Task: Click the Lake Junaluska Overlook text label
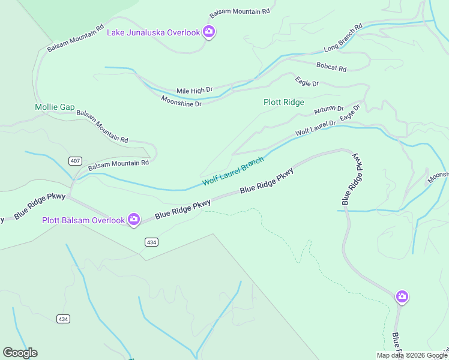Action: [153, 32]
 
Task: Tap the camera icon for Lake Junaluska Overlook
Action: [209, 32]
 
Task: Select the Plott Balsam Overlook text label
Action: [83, 220]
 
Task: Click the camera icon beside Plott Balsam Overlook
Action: [134, 220]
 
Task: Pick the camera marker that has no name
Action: [402, 296]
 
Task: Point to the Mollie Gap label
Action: [55, 107]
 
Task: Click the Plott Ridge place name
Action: [284, 103]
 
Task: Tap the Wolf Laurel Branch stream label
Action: [233, 171]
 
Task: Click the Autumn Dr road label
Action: [328, 111]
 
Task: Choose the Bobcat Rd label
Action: [331, 67]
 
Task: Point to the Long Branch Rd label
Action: [343, 38]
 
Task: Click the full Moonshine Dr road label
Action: [181, 100]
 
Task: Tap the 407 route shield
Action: [75, 161]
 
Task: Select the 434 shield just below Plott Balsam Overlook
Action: [151, 241]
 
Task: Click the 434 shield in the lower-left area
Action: [64, 319]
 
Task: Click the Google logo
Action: [20, 353]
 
